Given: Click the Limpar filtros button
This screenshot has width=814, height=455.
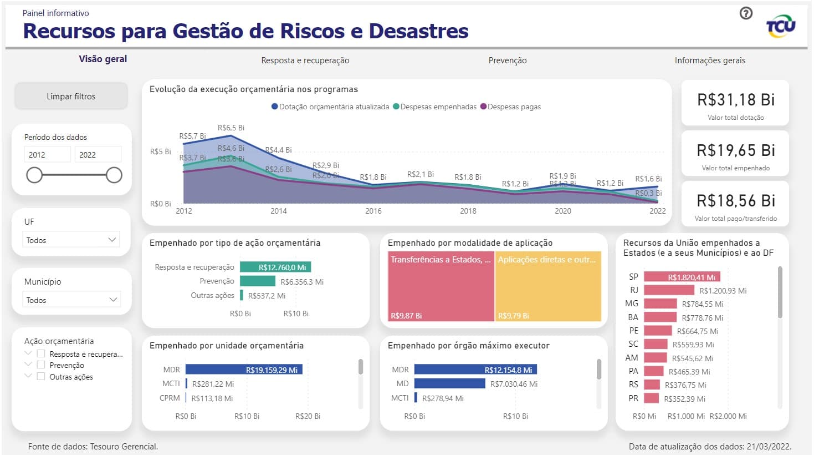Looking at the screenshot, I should (71, 96).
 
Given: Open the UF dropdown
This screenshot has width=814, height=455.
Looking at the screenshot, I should (71, 240).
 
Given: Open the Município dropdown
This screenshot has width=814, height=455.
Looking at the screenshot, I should (71, 300).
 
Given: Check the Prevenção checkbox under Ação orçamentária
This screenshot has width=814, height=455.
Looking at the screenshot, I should (41, 365).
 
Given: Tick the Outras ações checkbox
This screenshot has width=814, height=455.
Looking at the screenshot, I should (41, 376).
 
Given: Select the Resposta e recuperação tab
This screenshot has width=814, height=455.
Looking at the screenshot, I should (305, 60).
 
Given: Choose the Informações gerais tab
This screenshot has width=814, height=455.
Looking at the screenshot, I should (709, 60).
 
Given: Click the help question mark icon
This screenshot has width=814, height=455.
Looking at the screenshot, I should (746, 13).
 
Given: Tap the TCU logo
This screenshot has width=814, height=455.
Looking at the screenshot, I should (780, 26).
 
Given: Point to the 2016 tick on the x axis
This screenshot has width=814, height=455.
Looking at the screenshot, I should (373, 211).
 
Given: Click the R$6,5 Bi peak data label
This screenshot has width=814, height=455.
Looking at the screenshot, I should (231, 128).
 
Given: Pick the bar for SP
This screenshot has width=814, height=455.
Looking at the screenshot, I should (682, 277).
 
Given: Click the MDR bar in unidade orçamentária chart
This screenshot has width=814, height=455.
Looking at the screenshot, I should (244, 370).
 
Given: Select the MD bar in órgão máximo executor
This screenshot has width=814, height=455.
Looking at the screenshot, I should (449, 383).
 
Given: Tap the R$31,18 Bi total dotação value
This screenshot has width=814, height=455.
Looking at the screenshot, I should (735, 100).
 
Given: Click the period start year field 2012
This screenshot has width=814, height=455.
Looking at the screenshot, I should (47, 154).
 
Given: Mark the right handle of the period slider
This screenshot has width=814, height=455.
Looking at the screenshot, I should (114, 175).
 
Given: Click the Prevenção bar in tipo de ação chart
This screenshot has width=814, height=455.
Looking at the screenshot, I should (257, 281).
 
